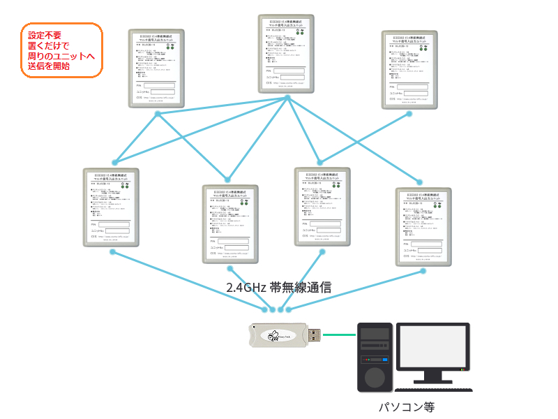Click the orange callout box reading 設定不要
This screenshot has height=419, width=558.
click(x=61, y=50)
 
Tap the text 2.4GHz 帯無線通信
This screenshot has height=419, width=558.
click(x=278, y=287)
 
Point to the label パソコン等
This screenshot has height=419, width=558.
click(x=411, y=406)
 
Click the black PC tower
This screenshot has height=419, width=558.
click(x=375, y=355)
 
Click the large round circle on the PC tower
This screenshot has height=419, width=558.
click(x=375, y=378)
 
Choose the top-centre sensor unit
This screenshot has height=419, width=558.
click(x=286, y=54)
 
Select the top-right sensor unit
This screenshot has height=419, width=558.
click(x=409, y=68)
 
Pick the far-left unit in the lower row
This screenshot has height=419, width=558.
click(x=111, y=206)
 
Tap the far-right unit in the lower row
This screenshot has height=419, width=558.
click(x=423, y=226)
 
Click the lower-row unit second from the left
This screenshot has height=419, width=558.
click(x=230, y=223)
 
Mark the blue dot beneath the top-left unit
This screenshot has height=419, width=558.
click(x=158, y=113)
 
